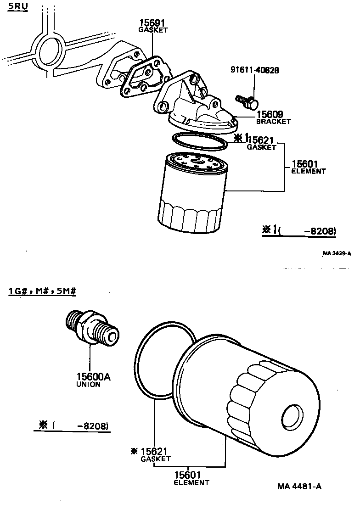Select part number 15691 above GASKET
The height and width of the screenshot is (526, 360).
coord(152,23)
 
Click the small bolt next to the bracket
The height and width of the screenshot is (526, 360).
coord(247,101)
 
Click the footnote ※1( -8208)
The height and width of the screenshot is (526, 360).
coord(299,231)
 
